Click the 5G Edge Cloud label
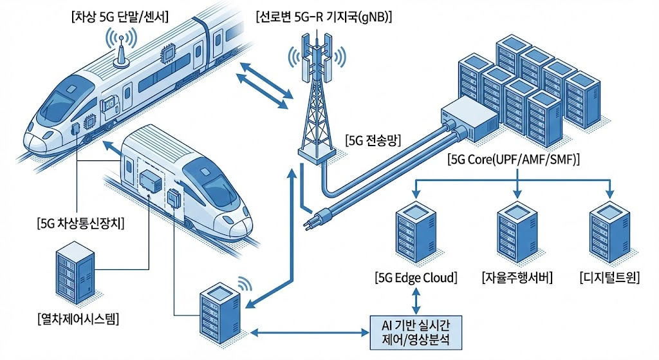[416, 278]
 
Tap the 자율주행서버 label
[517, 278]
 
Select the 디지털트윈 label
[608, 278]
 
